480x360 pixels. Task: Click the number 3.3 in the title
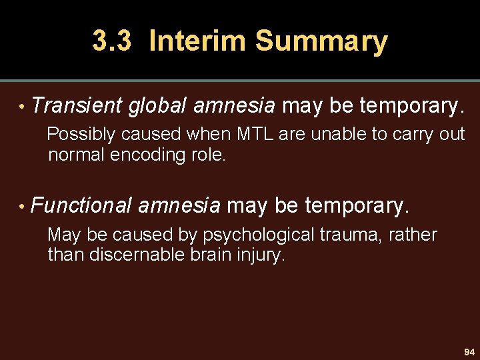tap(114, 41)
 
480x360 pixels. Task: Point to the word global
tap(158, 105)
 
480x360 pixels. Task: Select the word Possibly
tap(80, 135)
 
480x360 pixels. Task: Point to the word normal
tap(79, 155)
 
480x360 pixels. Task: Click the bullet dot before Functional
tap(23, 206)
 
